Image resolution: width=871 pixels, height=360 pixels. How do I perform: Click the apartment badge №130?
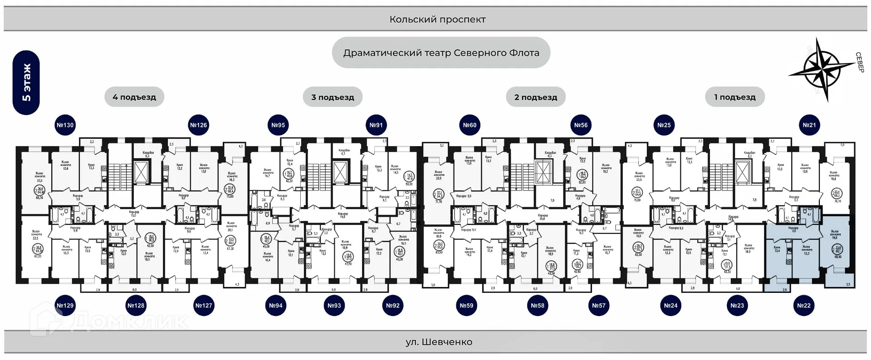tap(65, 125)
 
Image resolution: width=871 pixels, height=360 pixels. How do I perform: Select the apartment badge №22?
tap(803, 306)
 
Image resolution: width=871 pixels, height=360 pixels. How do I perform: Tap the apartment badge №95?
tap(278, 125)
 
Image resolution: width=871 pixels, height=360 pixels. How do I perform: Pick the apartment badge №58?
tap(537, 306)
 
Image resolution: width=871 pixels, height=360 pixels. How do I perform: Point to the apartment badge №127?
tap(204, 306)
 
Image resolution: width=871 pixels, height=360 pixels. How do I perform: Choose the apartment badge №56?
tap(581, 125)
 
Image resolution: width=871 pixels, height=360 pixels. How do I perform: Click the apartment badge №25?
tap(664, 125)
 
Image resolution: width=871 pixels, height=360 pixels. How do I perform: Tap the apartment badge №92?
tap(392, 306)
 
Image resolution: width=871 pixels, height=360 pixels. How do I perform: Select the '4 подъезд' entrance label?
tap(134, 97)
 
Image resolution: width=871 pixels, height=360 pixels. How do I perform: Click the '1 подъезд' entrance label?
tap(735, 97)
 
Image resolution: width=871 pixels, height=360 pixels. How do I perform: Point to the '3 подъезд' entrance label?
tap(333, 97)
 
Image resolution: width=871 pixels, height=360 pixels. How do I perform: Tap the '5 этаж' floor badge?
tap(26, 83)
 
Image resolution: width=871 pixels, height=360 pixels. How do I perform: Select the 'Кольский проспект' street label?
tap(437, 19)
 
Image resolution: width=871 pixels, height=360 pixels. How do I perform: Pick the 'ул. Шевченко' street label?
tap(439, 342)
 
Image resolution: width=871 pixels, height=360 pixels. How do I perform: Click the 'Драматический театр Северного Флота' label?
tap(441, 53)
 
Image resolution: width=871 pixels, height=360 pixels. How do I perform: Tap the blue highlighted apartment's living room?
tap(835, 247)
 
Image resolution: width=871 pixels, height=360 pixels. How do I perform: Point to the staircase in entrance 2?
tap(522, 177)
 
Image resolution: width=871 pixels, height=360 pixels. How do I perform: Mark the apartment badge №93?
tap(334, 306)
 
